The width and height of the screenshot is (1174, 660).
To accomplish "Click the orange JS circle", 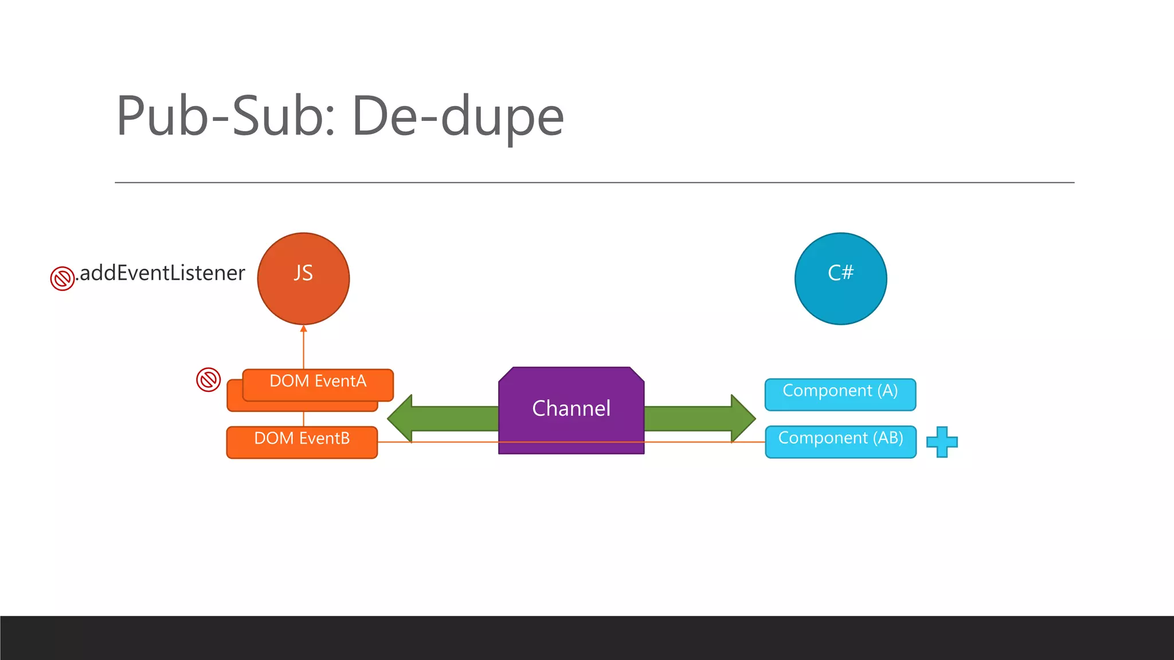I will [x=303, y=279].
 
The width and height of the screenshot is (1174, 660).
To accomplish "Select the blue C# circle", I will [x=840, y=279].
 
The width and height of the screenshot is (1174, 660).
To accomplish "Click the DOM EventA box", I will [x=318, y=384].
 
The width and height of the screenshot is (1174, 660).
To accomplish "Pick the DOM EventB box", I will [x=302, y=442].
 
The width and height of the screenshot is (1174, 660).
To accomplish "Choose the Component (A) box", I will [x=840, y=394].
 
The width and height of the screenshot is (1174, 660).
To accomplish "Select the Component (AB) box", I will [x=840, y=442].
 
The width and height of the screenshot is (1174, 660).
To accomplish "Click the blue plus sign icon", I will [x=942, y=442].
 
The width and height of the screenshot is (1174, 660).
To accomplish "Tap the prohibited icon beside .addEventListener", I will [x=62, y=278].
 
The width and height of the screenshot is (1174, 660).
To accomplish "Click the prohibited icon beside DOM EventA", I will [x=209, y=380].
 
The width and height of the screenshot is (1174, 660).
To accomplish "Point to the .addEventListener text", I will [x=162, y=273].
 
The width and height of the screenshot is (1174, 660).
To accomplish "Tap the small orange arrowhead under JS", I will [x=304, y=329].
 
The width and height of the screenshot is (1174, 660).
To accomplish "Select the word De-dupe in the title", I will [x=458, y=116].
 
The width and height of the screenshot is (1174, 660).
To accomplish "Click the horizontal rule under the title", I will [x=594, y=183].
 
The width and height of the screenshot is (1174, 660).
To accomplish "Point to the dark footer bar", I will [x=587, y=638].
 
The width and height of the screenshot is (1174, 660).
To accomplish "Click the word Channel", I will [x=571, y=408].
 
